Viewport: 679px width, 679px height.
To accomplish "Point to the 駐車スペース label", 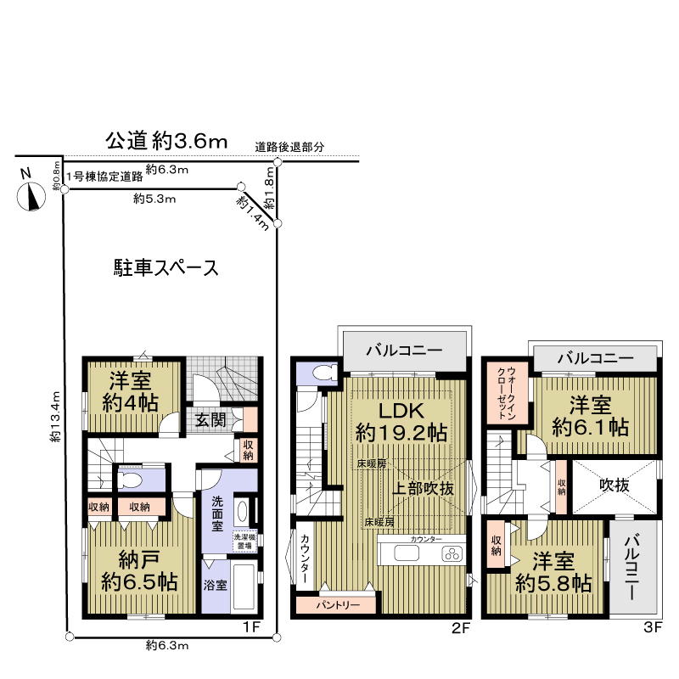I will point(167,268).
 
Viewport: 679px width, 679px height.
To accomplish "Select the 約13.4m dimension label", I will point(55,417).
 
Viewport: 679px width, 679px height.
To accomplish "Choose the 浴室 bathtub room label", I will point(216,585).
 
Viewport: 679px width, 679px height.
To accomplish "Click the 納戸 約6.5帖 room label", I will point(138,572).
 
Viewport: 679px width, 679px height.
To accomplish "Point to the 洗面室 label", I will point(216,513).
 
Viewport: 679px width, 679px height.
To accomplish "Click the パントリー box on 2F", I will point(334,606).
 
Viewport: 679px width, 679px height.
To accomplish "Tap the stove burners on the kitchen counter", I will point(452,555).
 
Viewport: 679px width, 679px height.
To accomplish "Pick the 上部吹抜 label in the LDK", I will point(426,489).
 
